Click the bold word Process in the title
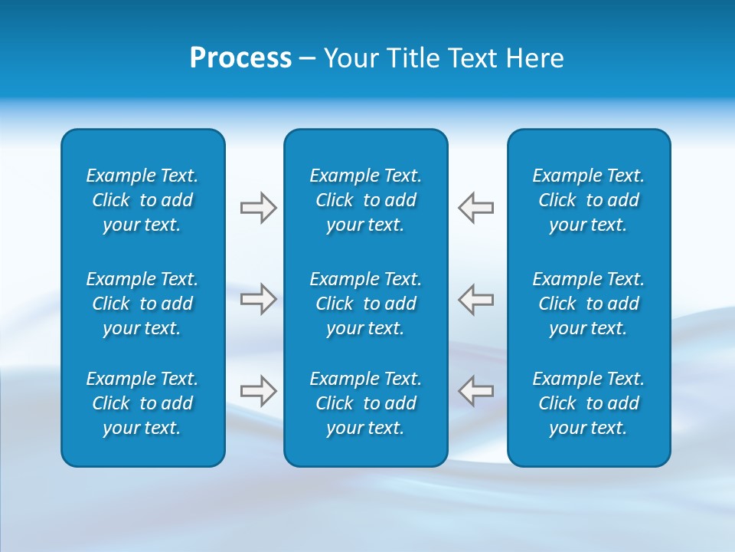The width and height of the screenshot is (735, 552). (x=240, y=58)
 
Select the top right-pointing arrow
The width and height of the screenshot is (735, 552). (x=258, y=208)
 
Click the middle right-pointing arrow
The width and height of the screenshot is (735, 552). (x=258, y=299)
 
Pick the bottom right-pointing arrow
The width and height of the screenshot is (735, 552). (x=258, y=390)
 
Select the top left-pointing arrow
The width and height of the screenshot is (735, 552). (x=476, y=208)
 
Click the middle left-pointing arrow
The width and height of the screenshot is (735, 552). (x=476, y=299)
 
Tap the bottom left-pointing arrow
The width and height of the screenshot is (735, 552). (x=476, y=390)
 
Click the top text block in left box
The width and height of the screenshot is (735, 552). (x=142, y=200)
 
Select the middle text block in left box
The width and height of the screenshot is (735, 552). (x=142, y=304)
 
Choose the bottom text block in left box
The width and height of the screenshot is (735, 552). (x=142, y=403)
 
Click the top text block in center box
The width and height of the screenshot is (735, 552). (x=365, y=200)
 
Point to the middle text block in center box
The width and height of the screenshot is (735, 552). (x=365, y=304)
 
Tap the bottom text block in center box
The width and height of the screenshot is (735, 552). (x=365, y=403)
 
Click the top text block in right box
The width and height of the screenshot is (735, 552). (x=588, y=200)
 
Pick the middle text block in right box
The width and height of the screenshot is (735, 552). (x=588, y=304)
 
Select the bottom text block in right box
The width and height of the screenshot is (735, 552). (x=588, y=403)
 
